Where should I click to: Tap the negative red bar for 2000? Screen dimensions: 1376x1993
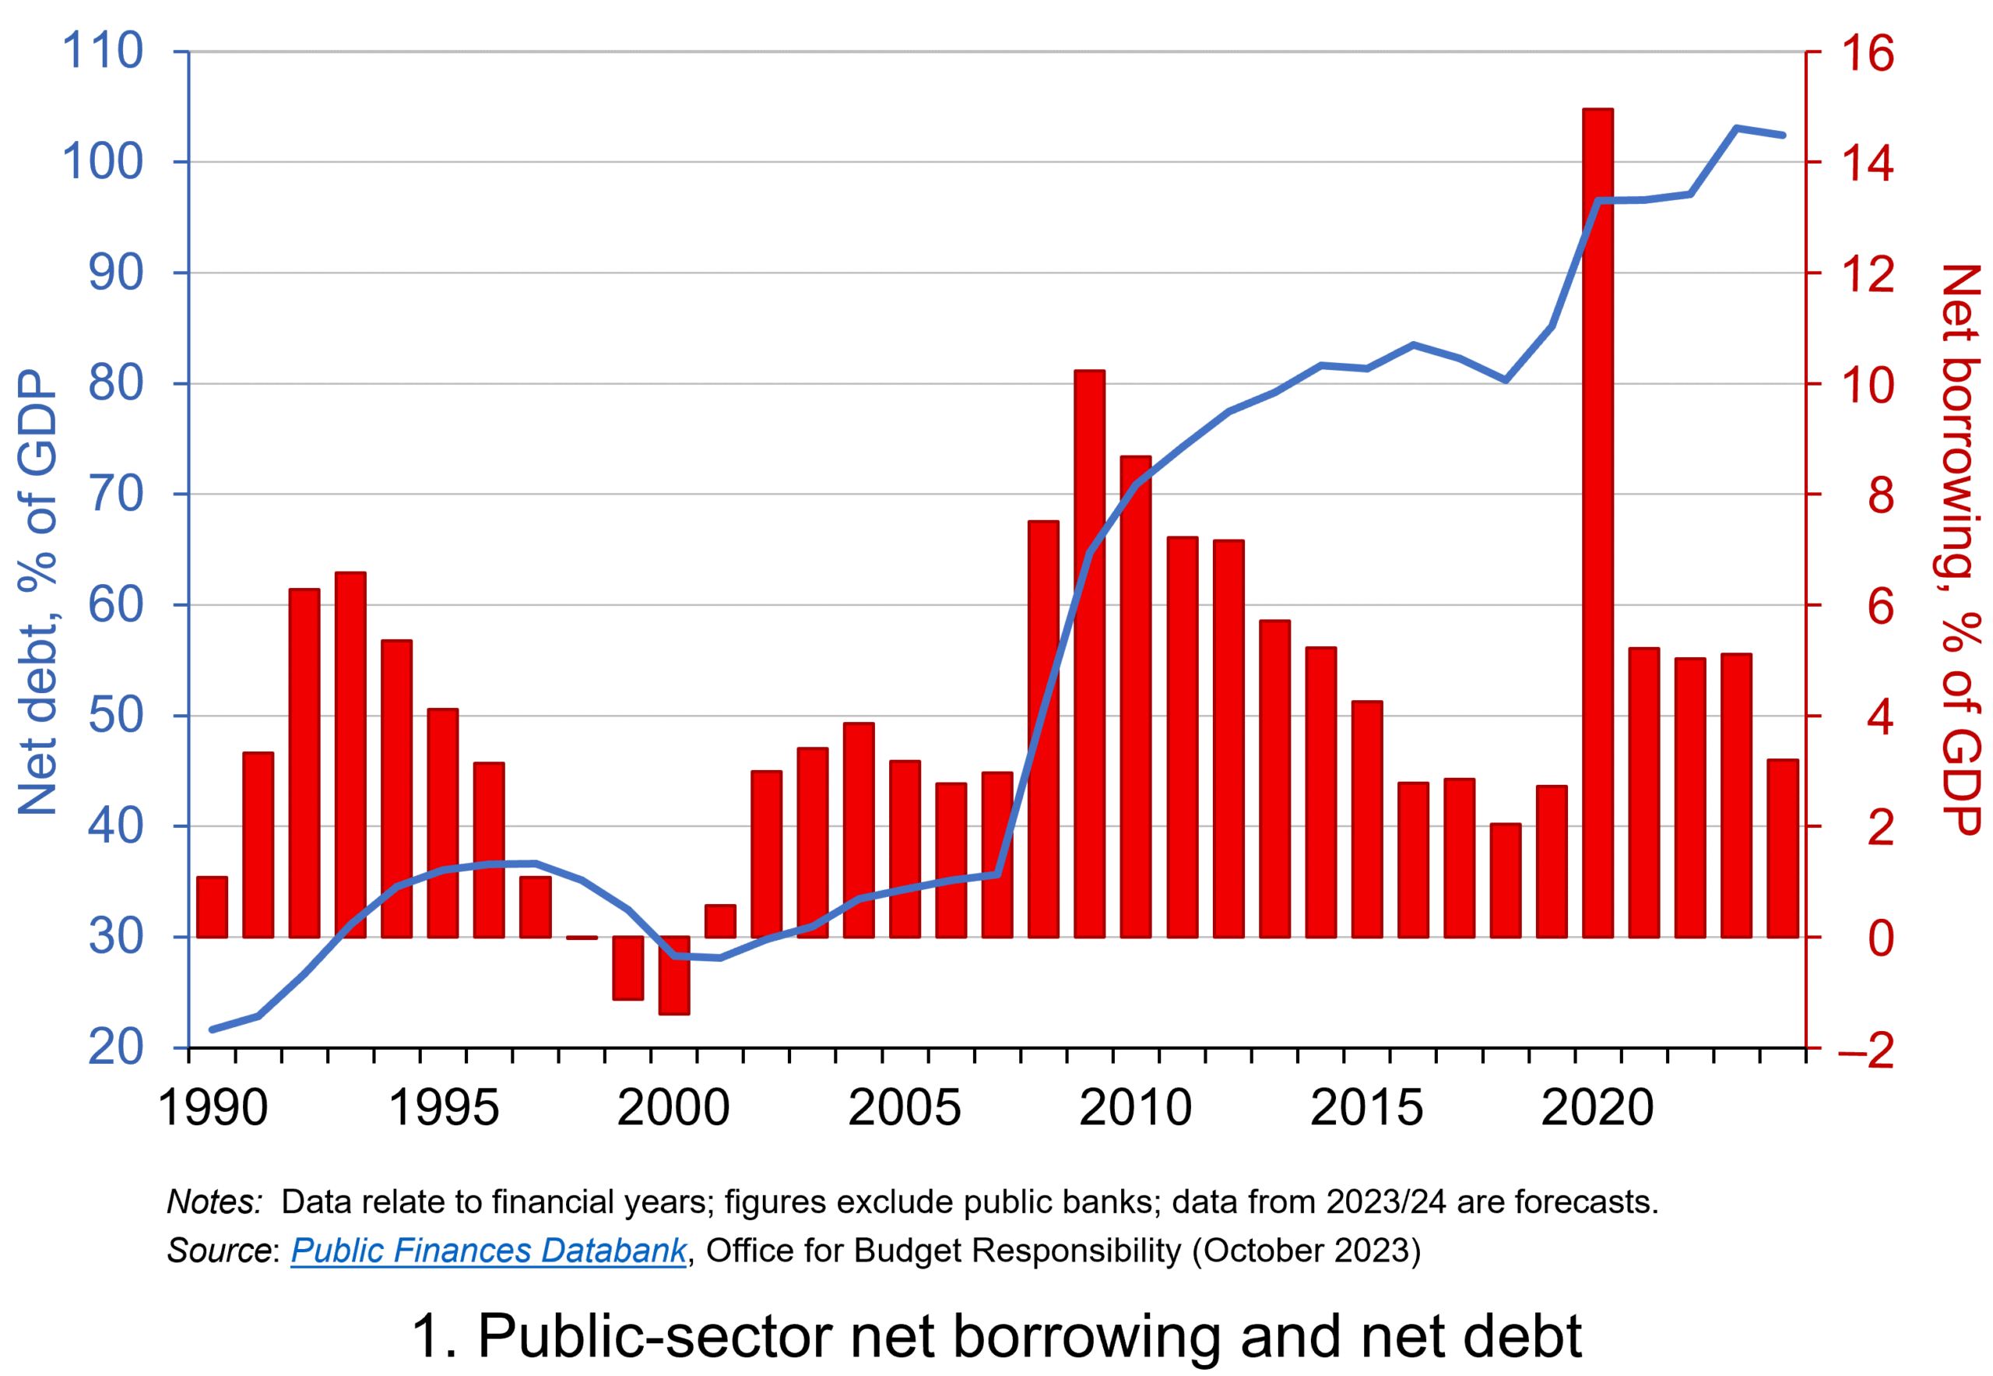(674, 974)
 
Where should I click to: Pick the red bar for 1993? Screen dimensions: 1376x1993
(351, 755)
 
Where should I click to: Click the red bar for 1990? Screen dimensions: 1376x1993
(212, 907)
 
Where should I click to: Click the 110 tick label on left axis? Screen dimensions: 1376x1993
(103, 51)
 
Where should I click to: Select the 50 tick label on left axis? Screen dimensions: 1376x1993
(115, 716)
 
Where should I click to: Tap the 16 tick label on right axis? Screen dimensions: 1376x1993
(1867, 54)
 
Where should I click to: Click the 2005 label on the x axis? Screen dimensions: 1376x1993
(905, 1108)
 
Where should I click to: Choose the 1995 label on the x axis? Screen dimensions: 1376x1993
(443, 1108)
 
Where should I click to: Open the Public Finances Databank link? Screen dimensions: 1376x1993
(488, 1250)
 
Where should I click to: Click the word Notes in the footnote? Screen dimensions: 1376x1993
(214, 1202)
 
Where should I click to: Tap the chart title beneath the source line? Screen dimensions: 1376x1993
(996, 1336)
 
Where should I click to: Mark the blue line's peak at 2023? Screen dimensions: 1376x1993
(1736, 128)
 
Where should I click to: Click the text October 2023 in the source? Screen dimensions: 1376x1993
(1306, 1250)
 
